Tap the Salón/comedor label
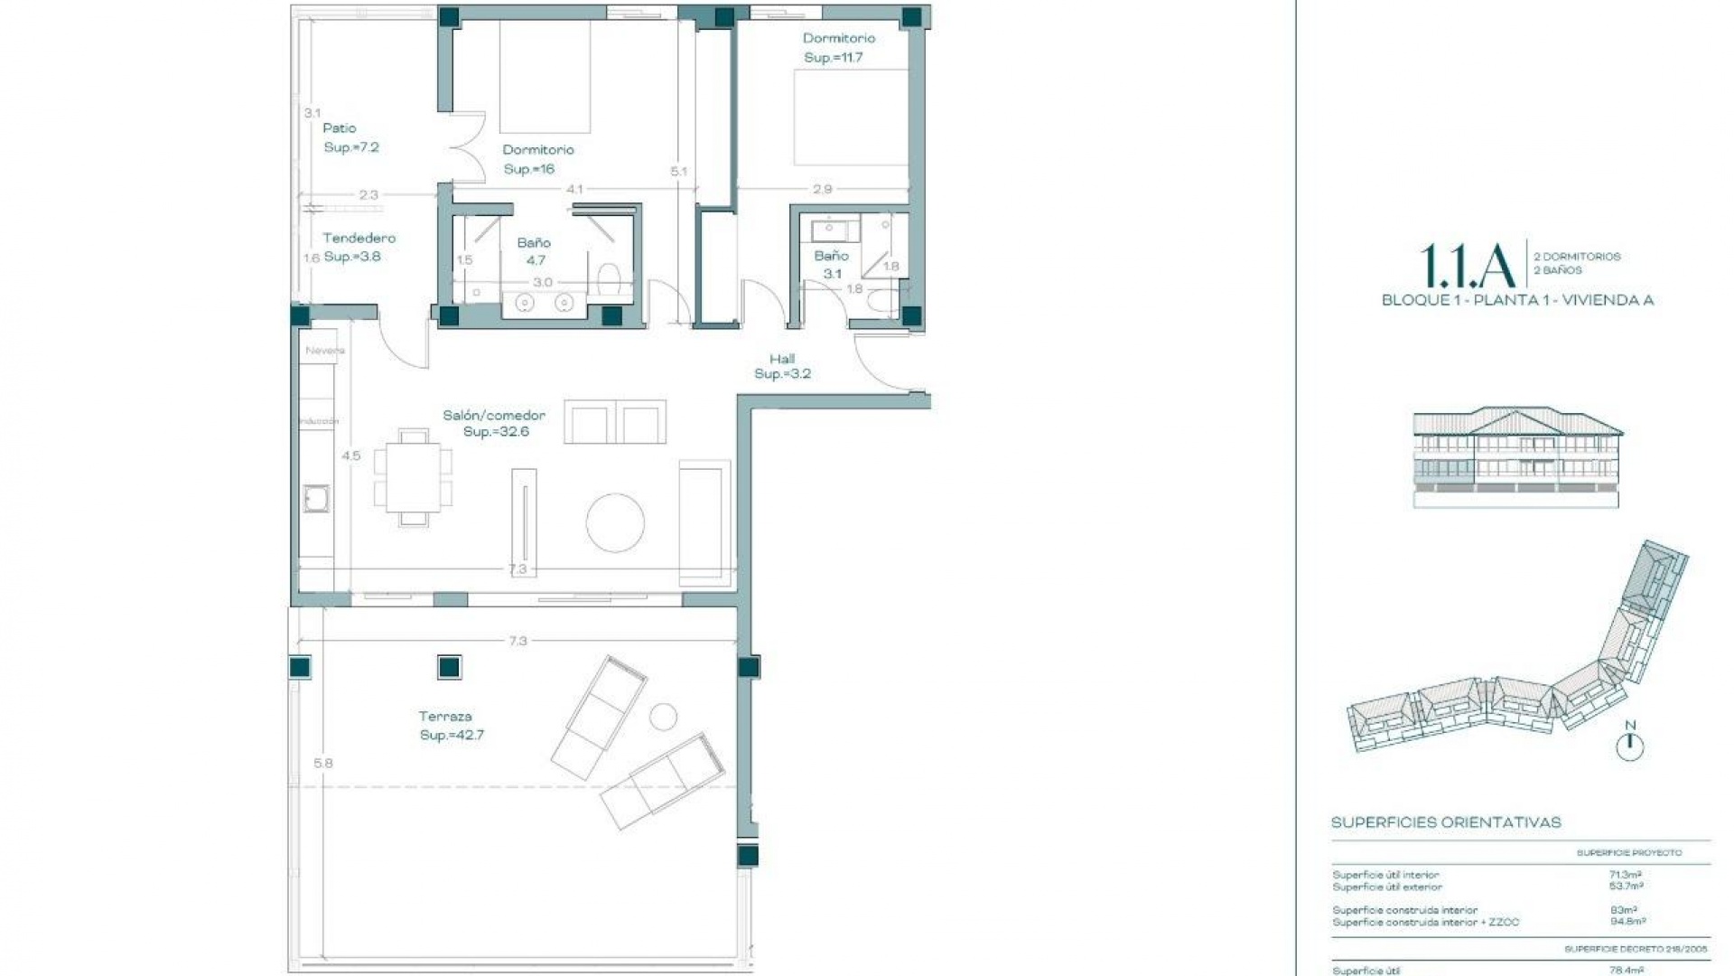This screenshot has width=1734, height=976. point(494,423)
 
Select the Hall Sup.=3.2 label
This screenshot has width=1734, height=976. point(782,366)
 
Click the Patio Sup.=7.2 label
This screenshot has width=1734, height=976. point(350,137)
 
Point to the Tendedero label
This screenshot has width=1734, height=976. point(359,247)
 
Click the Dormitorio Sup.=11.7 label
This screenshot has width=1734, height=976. point(838,47)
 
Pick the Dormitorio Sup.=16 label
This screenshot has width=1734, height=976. point(537,159)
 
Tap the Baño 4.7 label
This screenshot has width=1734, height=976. point(534,251)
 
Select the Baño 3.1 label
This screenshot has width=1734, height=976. point(831,265)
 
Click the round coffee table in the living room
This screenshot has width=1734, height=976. point(615,522)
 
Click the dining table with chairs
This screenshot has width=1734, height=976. point(414,477)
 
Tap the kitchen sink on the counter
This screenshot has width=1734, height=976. point(316,499)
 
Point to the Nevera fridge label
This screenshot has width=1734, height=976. point(324,351)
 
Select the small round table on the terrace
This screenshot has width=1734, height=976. point(663,717)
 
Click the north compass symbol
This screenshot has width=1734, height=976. point(1629,745)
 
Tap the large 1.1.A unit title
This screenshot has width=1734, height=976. point(1467,264)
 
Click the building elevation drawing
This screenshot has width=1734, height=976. point(1516,457)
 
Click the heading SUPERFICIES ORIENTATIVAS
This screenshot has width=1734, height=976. point(1445,822)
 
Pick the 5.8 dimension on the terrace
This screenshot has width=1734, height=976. point(323,764)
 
